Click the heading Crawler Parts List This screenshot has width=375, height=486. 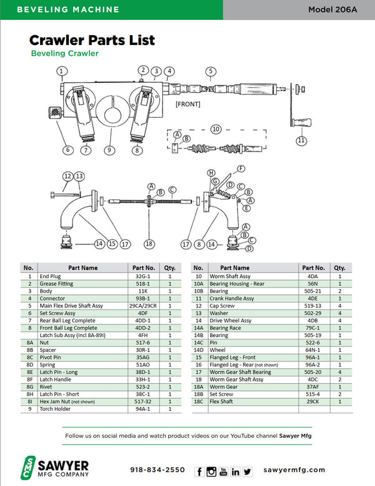pos(92,41)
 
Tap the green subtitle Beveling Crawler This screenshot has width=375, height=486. pos(64,54)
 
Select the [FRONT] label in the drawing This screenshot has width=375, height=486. pos(187,104)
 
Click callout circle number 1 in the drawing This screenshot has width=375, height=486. pos(61,71)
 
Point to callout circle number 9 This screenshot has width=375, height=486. pos(111,150)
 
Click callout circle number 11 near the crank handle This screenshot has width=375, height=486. pos(301,140)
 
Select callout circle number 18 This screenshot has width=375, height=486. pos(149,243)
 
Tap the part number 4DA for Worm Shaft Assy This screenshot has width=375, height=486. pos(312,276)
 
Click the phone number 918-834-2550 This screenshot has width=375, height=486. pos(157,470)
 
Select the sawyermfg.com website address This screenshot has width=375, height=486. pos(294,470)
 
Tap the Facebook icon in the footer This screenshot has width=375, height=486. pos(200,471)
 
